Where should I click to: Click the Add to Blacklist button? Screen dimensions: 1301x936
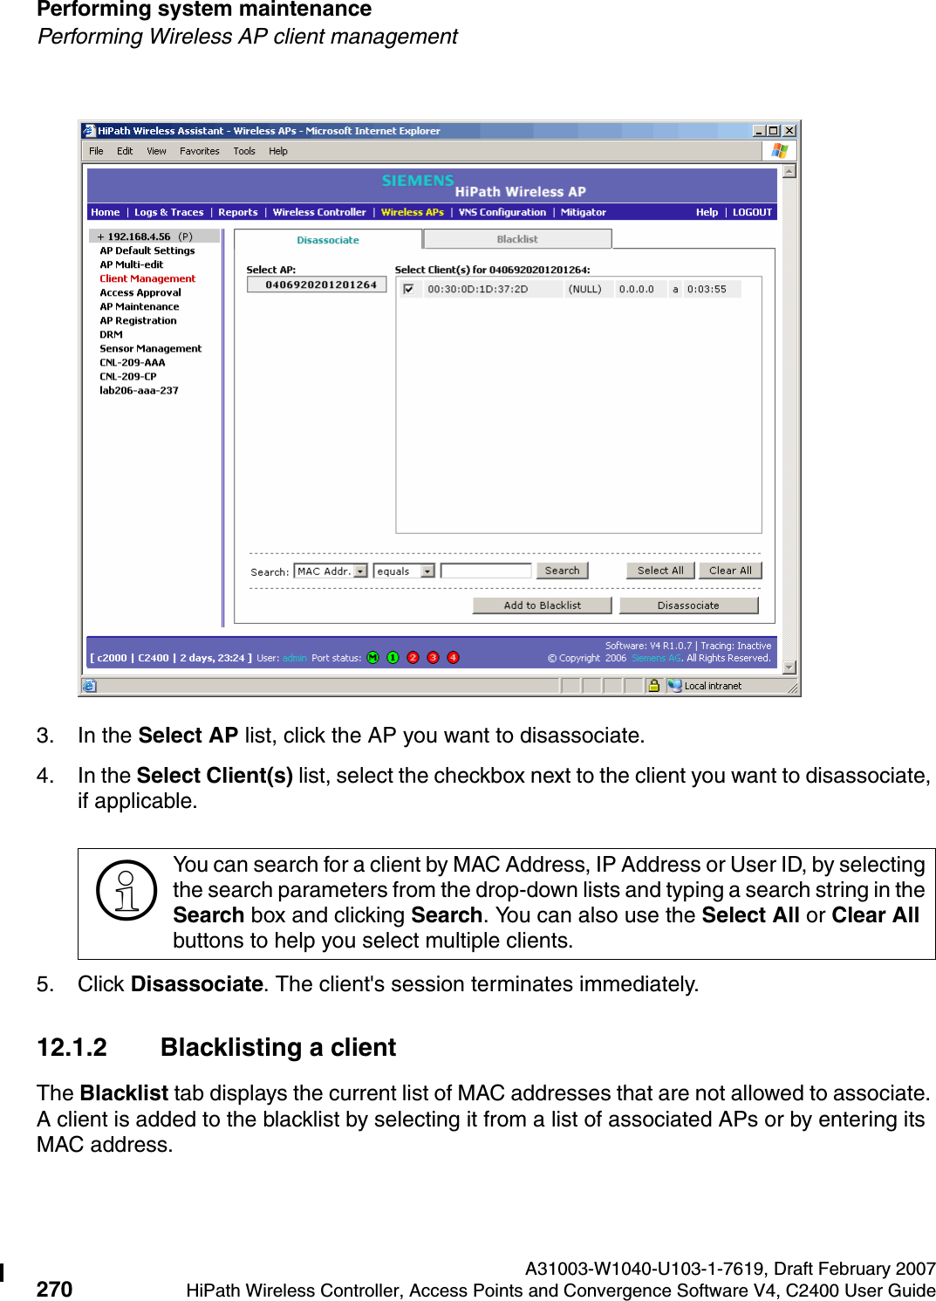542,606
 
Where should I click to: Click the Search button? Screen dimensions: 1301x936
562,571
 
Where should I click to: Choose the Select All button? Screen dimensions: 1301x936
660,571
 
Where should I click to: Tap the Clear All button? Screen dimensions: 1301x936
730,571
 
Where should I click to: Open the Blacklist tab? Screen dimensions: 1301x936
517,239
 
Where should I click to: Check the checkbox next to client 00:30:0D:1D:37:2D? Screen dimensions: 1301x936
408,289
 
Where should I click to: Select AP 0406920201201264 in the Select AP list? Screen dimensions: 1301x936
320,284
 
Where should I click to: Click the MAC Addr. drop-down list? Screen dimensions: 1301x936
331,572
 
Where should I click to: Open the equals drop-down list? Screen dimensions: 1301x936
404,572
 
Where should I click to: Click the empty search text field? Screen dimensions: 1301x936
486,571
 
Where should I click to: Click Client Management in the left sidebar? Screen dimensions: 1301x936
147,278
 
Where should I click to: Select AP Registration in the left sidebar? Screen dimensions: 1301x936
138,320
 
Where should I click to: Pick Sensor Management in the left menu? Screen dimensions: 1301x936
150,348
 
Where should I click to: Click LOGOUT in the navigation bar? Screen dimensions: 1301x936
752,212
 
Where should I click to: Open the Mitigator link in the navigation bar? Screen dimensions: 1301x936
583,212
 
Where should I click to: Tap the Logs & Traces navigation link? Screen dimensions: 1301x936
168,212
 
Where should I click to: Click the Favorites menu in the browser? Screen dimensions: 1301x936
200,151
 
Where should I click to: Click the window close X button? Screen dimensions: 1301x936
789,131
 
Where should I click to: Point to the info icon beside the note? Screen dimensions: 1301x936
126,891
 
